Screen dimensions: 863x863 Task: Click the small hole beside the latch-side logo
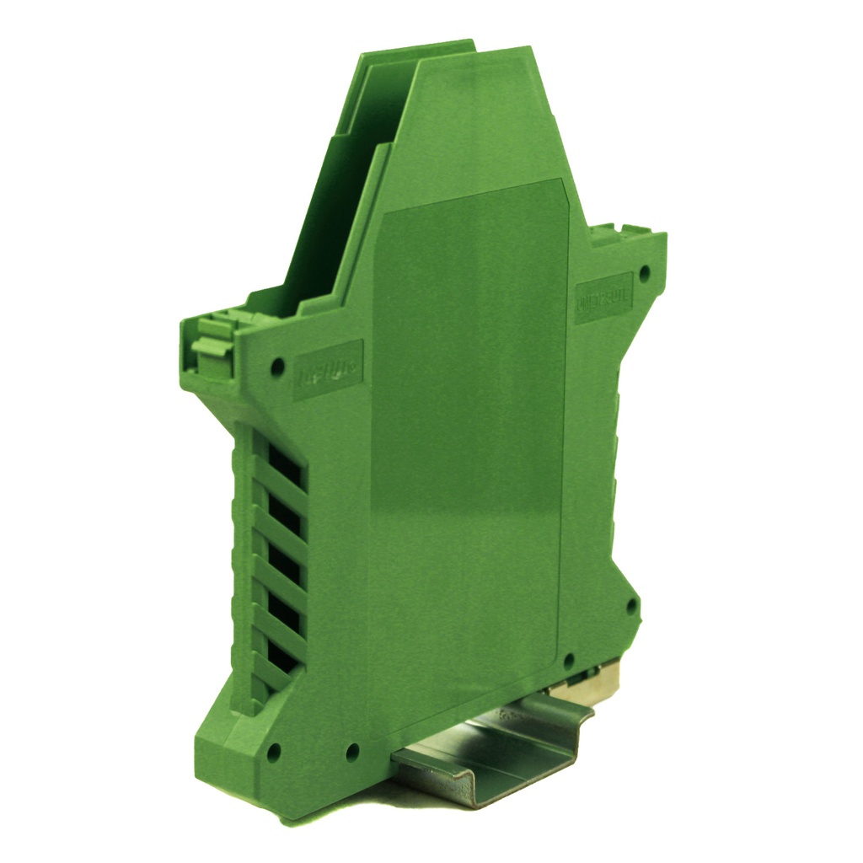click(x=277, y=367)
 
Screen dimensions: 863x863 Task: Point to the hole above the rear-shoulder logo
click(x=645, y=273)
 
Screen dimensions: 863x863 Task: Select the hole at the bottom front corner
click(x=273, y=753)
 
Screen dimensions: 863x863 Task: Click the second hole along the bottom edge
click(x=352, y=752)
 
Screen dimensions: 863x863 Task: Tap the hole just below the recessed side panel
click(x=569, y=661)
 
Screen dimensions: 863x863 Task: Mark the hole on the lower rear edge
click(x=630, y=605)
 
